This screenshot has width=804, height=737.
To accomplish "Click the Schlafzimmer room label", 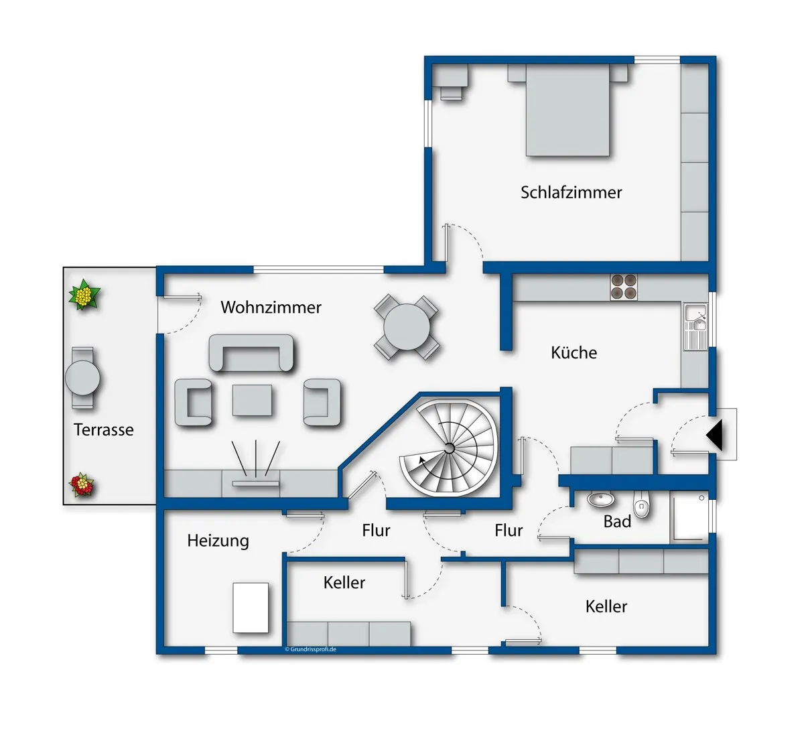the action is (x=571, y=193).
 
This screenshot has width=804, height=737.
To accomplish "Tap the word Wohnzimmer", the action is (x=271, y=308).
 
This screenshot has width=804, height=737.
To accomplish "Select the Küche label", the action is (x=574, y=352).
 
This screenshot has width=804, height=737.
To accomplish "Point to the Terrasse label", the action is (x=104, y=430).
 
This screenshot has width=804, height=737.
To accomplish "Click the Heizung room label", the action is (x=218, y=541).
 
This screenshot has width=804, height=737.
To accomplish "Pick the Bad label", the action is (x=617, y=521).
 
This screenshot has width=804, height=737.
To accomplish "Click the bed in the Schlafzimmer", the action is (x=567, y=110).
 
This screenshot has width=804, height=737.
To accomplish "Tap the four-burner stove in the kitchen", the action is (x=624, y=287).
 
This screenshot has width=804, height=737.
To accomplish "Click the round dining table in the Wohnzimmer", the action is (x=407, y=327).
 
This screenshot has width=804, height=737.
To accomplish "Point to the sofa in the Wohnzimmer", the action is (x=251, y=353).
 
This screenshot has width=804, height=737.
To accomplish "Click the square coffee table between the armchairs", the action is (x=252, y=400).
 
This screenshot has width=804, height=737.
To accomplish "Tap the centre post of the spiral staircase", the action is (x=450, y=448).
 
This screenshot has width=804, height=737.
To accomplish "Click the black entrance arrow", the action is (x=715, y=435).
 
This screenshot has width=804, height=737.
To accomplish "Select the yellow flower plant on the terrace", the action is (x=84, y=295).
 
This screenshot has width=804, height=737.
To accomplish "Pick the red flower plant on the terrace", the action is (x=82, y=485).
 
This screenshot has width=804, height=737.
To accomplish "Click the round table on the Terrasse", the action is (x=82, y=378).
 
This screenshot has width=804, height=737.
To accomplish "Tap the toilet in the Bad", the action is (x=641, y=504).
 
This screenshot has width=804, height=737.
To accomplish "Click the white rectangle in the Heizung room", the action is (x=251, y=608).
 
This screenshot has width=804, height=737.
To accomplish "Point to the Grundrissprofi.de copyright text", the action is (x=311, y=649).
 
